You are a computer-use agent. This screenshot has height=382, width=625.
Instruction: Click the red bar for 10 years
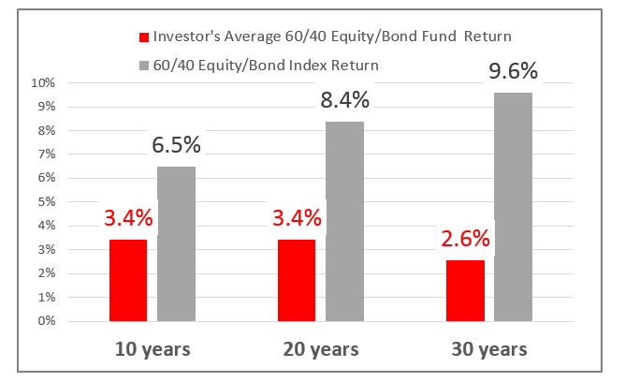128,280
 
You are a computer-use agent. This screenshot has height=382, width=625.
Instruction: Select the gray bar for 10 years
176,244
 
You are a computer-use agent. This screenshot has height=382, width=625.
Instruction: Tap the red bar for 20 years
297,280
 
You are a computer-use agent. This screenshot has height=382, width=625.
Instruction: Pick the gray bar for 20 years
345,221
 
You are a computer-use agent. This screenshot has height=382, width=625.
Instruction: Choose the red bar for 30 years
465,290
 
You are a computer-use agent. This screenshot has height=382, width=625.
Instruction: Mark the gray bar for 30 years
513,207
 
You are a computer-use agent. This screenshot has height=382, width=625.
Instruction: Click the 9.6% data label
513,71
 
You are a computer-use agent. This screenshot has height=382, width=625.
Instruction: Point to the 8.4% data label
345,99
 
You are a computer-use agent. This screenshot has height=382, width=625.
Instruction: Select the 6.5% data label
176,144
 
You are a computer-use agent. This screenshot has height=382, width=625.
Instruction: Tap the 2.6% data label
465,239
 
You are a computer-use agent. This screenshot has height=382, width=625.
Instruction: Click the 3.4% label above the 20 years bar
297,218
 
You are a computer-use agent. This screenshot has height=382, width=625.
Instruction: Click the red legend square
144,37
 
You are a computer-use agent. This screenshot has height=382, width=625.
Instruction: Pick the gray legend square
144,66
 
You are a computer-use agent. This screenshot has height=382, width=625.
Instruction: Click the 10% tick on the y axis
43,83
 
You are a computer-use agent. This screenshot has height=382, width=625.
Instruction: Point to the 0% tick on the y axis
46,321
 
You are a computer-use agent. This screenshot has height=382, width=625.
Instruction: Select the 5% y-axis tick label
46,201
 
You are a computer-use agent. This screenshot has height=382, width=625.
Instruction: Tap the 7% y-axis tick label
46,154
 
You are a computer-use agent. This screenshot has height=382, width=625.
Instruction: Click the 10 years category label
153,350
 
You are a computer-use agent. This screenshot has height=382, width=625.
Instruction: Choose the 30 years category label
489,350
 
